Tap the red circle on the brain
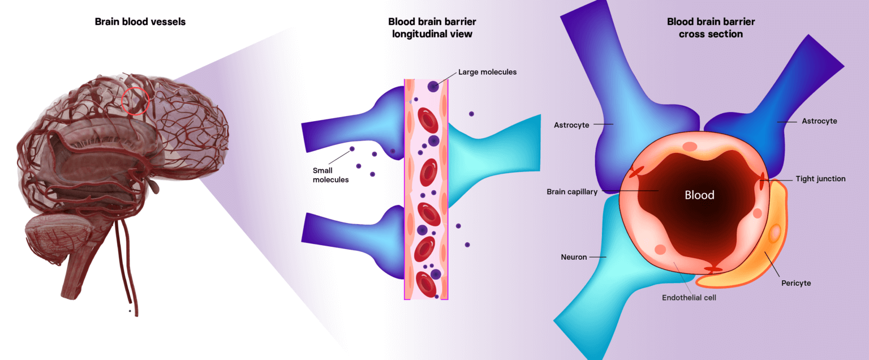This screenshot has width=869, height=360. coord(136,101)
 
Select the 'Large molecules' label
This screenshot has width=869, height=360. coord(487,72)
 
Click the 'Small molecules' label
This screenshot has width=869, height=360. coord(330,175)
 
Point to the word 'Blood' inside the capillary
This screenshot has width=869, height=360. coord(699,195)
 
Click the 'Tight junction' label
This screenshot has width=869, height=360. coord(820,179)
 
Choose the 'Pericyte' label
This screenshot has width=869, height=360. coord(795,283)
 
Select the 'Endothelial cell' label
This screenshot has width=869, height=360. coord(689,297)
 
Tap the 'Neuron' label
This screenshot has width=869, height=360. coord(574,257)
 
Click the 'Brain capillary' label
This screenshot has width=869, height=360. coord(572,192)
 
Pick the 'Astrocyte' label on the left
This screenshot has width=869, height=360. coord(572,125)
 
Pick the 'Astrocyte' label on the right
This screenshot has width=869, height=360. coord(819,121)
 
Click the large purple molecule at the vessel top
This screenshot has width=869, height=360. coord(433,87)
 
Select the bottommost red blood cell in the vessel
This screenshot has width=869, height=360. coord(425,284)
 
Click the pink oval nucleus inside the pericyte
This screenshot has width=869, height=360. coord(775,232)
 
